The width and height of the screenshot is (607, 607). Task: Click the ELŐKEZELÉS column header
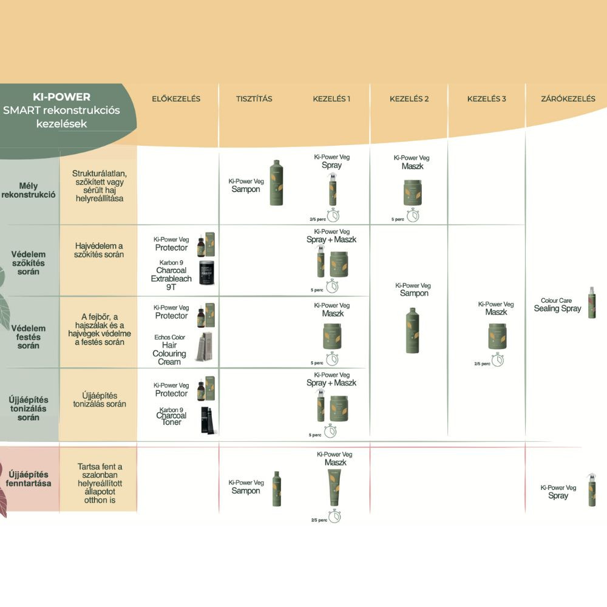tap(175, 99)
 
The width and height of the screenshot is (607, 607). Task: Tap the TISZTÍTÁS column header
tap(254, 99)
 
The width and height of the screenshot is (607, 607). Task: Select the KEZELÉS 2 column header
tap(409, 99)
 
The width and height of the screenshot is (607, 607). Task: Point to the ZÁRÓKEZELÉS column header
tap(568, 99)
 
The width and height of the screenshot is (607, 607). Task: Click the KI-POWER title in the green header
tap(61, 97)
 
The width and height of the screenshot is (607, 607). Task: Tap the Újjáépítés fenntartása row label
tap(29, 479)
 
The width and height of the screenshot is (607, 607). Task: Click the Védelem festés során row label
tap(29, 337)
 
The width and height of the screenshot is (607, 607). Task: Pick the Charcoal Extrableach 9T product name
tap(171, 274)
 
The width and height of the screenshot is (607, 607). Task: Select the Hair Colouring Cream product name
tap(169, 349)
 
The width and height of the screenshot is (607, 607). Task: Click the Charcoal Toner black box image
tap(208, 419)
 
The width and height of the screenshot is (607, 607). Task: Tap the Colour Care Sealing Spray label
tap(557, 305)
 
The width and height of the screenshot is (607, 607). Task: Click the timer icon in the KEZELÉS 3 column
tap(497, 361)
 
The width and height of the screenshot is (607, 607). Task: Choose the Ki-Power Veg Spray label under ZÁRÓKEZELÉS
tap(558, 492)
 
